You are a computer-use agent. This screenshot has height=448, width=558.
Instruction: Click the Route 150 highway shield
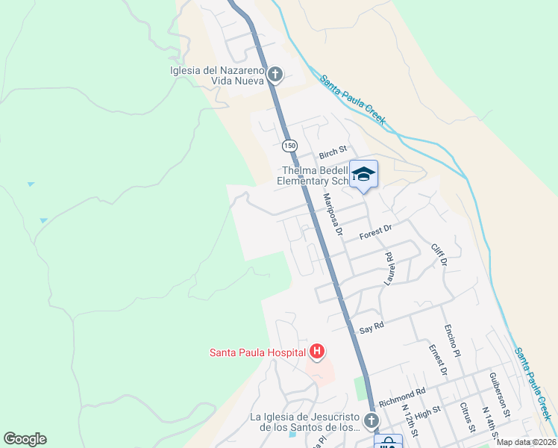(288, 144)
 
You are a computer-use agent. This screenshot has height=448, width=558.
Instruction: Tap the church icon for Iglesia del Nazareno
(275, 74)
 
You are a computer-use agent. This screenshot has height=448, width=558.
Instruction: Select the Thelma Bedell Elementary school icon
(363, 175)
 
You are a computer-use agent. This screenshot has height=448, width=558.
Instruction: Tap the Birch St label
(333, 155)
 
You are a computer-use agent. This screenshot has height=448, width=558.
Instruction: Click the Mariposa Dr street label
(332, 215)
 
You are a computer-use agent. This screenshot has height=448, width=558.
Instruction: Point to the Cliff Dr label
(439, 255)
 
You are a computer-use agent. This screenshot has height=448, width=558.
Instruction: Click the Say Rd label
(371, 326)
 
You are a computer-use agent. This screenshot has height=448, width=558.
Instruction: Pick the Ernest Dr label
(437, 359)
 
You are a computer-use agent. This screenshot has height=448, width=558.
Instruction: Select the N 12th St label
(408, 420)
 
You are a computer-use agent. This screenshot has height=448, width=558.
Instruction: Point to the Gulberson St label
(500, 393)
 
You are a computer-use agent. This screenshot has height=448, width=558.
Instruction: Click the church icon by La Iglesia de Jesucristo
(371, 423)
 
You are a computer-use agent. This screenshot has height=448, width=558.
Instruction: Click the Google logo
(25, 439)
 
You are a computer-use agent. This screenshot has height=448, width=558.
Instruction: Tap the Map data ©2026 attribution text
(526, 442)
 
